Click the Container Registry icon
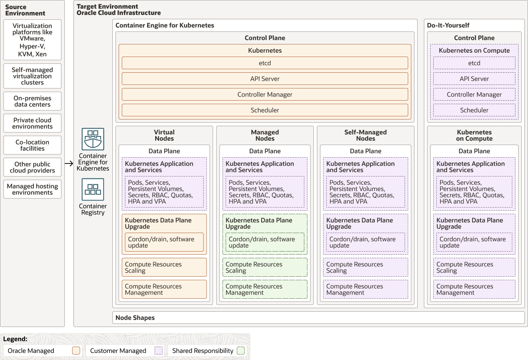93,189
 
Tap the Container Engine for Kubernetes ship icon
93,139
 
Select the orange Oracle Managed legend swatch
76,351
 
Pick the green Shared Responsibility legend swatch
241,351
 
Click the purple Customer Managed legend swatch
159,351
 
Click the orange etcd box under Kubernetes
265,63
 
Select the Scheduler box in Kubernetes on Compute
474,110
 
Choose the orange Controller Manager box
265,94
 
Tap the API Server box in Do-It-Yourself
474,79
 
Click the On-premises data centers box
32,101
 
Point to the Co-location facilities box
32,145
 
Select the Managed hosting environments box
32,189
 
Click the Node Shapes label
135,318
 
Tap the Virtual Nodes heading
164,135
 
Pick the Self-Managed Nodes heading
365,135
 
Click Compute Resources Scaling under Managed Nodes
265,267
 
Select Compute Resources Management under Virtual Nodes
164,289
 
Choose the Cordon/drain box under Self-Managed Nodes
365,242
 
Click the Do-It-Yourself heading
448,25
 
